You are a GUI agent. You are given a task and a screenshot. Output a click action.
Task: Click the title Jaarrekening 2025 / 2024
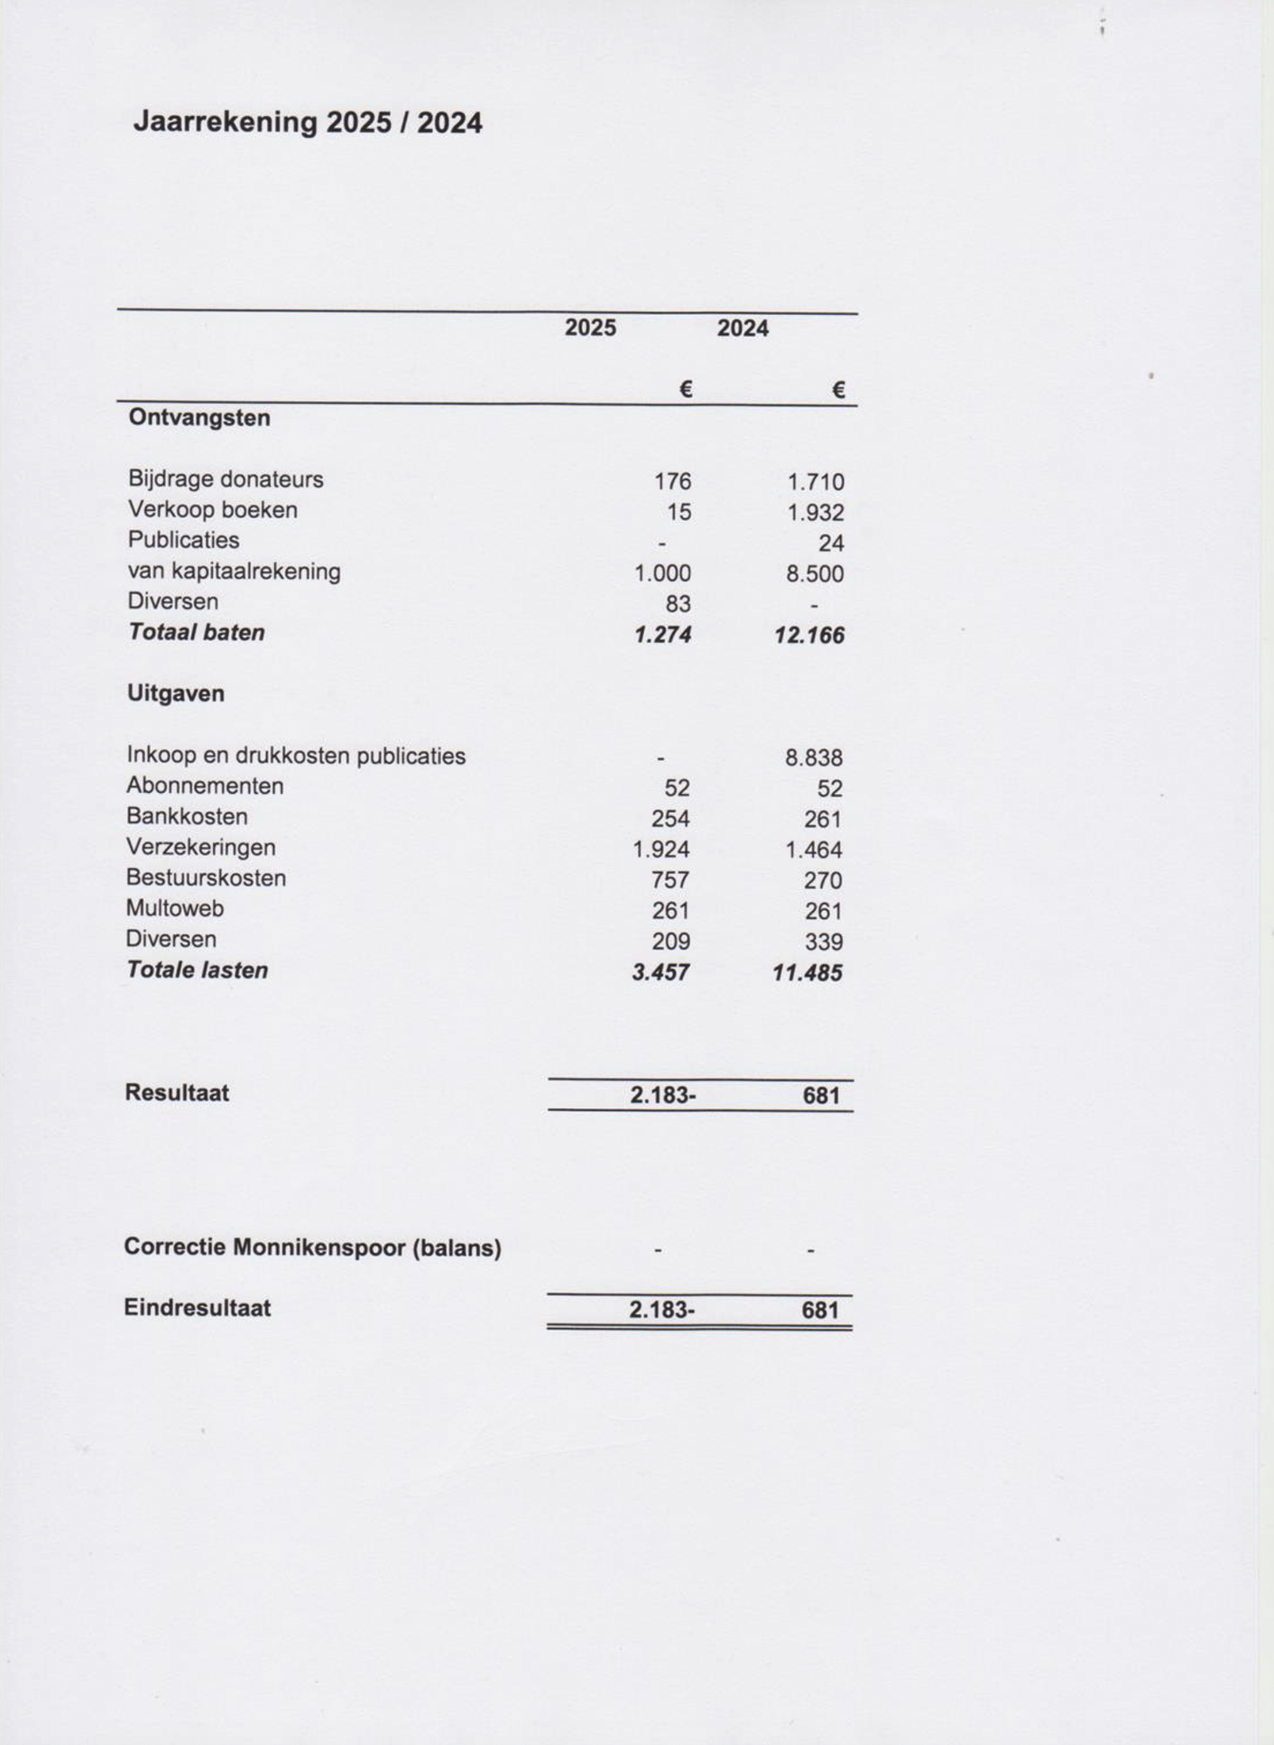pos(307,122)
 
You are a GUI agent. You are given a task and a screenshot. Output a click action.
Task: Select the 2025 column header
pos(590,328)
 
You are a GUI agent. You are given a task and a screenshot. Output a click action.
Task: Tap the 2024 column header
pos(743,329)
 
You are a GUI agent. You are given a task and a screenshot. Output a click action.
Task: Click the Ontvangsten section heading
pos(199,418)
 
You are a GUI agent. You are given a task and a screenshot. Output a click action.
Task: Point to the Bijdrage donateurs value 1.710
pos(815,482)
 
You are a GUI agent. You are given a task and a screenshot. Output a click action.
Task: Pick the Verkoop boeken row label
pos(212,510)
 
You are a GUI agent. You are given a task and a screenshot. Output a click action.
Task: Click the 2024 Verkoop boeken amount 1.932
pos(815,513)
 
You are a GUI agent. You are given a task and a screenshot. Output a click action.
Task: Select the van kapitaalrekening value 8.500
pos(815,574)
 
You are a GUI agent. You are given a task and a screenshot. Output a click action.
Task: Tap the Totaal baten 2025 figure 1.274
pos(662,635)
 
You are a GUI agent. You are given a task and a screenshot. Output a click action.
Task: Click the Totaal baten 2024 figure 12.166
pos(809,635)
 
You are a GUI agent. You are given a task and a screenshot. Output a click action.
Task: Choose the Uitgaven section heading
pos(175,694)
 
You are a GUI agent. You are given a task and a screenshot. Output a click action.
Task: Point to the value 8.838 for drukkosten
pos(813,758)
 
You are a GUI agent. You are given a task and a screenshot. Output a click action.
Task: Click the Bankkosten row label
pos(187,817)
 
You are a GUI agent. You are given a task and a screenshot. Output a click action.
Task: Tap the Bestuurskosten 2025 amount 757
pos(670,880)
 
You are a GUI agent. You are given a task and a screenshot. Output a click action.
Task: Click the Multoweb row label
pos(175,908)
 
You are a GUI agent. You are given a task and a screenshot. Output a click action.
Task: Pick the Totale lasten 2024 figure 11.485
pos(807,973)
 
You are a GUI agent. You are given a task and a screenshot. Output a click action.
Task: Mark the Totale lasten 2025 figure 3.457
pos(661,973)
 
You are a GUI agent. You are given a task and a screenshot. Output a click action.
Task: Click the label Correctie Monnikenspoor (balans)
pos(312,1248)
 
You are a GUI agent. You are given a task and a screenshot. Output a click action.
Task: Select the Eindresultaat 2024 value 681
pos(820,1310)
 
